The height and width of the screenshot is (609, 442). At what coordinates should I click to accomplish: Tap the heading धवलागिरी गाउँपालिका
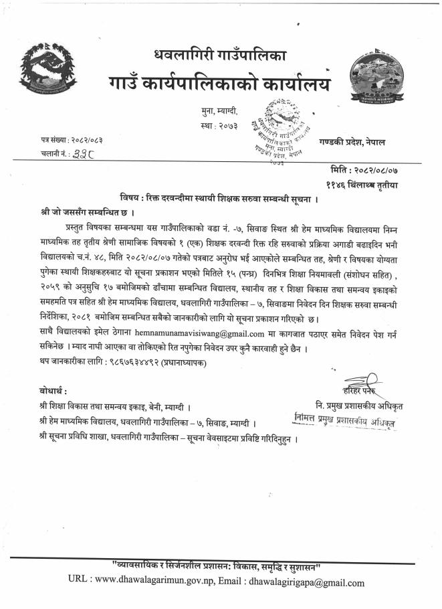(220, 55)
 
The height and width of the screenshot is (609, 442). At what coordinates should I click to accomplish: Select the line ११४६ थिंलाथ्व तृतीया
(363, 184)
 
